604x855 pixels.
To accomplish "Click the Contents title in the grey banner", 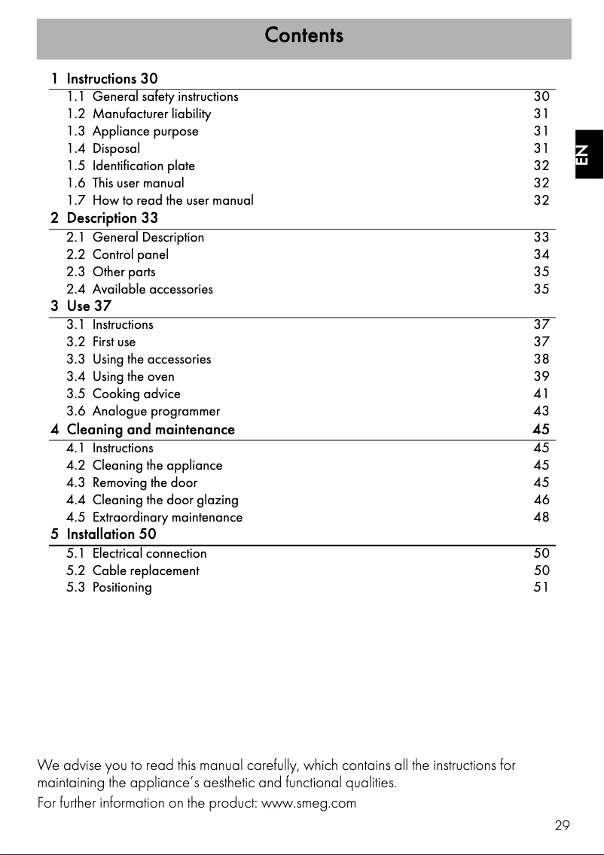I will [304, 35].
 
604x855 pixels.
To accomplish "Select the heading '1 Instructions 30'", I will [105, 78].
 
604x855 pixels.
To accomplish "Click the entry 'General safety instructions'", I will [165, 96].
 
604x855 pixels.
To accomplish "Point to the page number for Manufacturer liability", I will [541, 114].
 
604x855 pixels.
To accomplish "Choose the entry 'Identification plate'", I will [143, 166].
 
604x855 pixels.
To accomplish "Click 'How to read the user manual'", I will [172, 200].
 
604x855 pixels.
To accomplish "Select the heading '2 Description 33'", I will [105, 218].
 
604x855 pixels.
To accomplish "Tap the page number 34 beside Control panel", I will [541, 254].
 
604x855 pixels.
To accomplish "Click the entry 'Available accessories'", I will [152, 289].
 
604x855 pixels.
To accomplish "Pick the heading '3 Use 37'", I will [81, 306].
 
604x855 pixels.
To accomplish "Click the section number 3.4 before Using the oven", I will [75, 376].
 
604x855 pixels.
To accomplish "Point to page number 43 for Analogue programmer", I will [541, 411].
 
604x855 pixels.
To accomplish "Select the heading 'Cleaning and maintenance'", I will [151, 430].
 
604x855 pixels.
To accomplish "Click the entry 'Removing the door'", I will [145, 482].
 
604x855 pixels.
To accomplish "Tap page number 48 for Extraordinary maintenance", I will [541, 517].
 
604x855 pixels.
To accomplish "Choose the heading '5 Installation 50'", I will [104, 534].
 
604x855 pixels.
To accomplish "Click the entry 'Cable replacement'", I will [145, 571].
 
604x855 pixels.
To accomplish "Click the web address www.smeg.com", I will [309, 803].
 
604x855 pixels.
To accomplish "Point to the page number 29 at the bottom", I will [562, 826].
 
